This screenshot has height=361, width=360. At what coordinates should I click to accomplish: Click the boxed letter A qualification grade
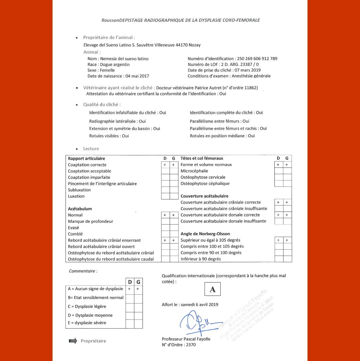[212, 289]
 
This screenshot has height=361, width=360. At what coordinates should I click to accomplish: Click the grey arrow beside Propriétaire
[73, 341]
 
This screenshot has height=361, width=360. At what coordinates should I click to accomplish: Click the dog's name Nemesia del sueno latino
[124, 59]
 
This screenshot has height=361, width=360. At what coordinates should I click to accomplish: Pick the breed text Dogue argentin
[115, 65]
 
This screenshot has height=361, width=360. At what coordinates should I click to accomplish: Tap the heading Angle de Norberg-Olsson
[205, 234]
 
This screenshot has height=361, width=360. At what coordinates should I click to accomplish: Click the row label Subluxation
[79, 190]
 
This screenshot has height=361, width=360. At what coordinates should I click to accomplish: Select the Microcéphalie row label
[194, 171]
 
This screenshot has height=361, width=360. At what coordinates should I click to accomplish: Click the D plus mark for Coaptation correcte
[165, 165]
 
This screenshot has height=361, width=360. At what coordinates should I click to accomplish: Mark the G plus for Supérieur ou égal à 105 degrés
[287, 240]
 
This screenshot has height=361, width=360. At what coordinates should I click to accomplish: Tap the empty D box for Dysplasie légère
[130, 307]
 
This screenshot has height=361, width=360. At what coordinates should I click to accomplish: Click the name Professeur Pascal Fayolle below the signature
[186, 339]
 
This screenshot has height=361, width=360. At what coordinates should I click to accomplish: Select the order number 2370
[190, 345]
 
